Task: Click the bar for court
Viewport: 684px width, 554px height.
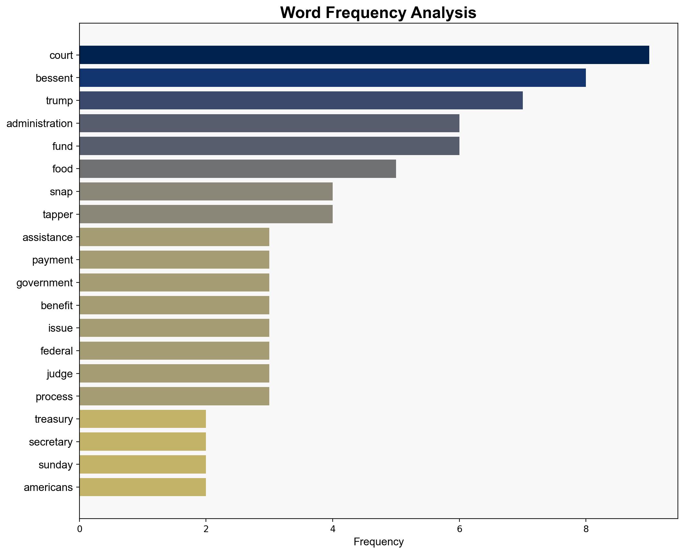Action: click(364, 55)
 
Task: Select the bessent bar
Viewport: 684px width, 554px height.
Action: click(332, 78)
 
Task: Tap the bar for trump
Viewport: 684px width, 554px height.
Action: click(301, 100)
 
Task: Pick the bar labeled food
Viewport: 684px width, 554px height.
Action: click(237, 169)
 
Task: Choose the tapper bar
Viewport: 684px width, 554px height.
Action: click(206, 214)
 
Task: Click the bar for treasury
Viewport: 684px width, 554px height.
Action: click(143, 419)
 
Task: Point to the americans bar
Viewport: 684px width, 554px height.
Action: click(143, 487)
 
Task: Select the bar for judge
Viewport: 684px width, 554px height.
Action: click(174, 374)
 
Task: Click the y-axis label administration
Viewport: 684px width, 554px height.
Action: click(40, 124)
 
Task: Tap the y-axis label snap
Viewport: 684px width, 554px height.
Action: click(61, 192)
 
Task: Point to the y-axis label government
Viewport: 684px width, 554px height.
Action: click(44, 283)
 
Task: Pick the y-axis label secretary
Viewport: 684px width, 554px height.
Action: click(51, 442)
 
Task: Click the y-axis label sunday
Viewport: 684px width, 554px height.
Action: click(55, 465)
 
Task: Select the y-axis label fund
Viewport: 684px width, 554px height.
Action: click(62, 146)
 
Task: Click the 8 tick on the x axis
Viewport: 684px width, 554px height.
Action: click(586, 529)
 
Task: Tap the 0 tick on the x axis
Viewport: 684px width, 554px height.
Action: click(79, 529)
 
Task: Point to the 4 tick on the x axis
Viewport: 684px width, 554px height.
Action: click(333, 529)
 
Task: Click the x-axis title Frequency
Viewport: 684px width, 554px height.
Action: click(378, 542)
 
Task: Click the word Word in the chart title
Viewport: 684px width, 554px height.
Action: click(301, 13)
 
